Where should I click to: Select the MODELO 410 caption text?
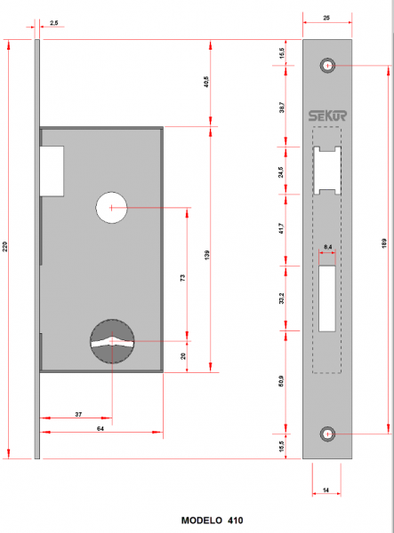[x=211, y=521]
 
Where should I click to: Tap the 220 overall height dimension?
[x=6, y=249]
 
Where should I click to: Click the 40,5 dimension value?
[x=206, y=84]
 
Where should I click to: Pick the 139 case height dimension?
[x=206, y=255]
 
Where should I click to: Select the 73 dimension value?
[x=182, y=278]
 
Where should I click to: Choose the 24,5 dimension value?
[x=281, y=170]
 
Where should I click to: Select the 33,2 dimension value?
[x=281, y=299]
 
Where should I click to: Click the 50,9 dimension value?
[x=281, y=384]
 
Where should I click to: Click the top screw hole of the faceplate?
[x=328, y=67]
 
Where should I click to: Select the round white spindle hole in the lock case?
[x=112, y=207]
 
